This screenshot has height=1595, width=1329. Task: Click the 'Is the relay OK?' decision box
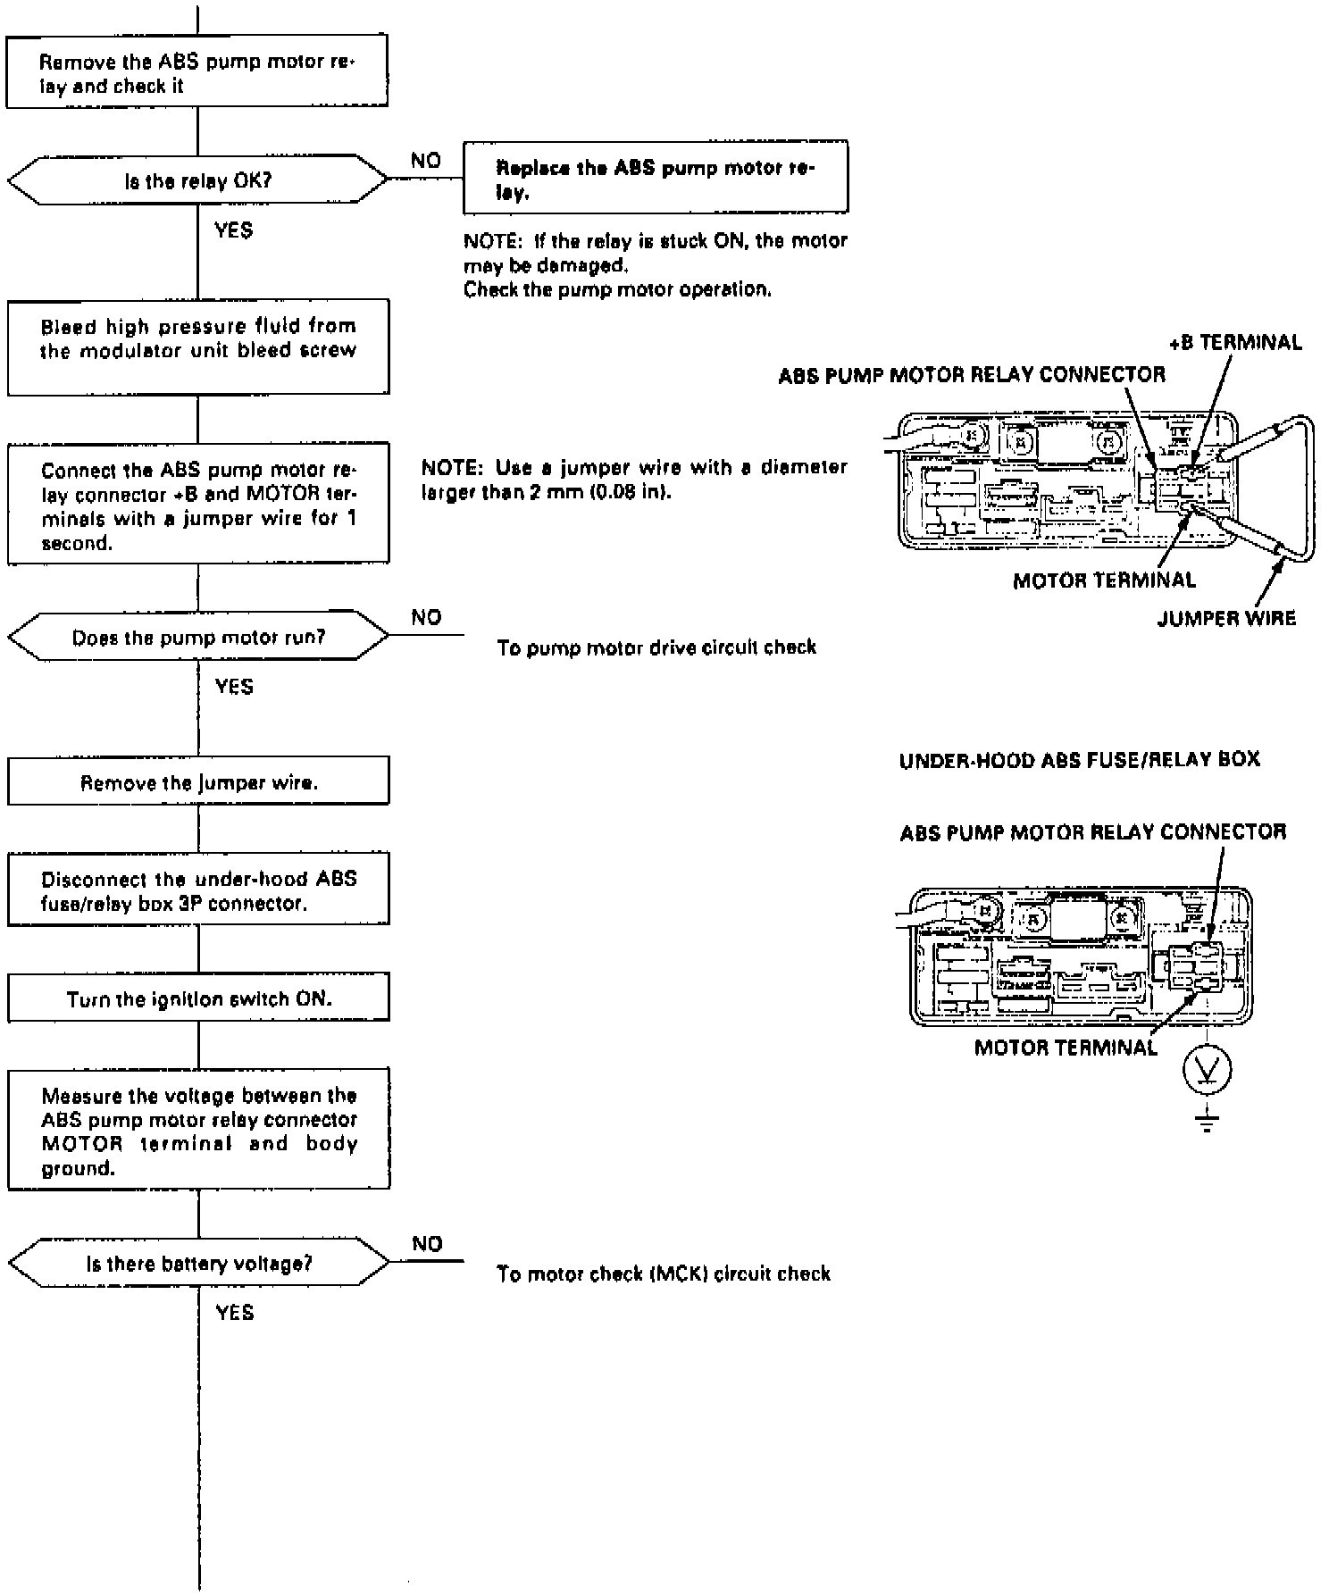[x=198, y=180]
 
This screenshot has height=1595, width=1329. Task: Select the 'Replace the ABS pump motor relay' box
[x=656, y=176]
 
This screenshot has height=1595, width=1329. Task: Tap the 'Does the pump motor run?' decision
[x=198, y=636]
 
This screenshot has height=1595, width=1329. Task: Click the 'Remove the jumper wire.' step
[x=198, y=781]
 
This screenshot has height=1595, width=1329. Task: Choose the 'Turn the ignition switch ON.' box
[x=198, y=997]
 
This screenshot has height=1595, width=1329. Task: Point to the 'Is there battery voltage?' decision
[x=198, y=1262]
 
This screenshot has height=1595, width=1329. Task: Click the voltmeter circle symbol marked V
[x=1207, y=1068]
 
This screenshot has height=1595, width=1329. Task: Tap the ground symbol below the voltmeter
[x=1207, y=1123]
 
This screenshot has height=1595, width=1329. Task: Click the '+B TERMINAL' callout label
[x=1235, y=342]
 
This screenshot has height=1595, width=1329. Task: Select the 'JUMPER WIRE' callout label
[x=1226, y=618]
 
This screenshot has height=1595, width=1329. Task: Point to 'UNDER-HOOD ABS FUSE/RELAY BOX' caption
[x=1079, y=760]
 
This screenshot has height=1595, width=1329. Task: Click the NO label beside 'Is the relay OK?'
[x=426, y=161]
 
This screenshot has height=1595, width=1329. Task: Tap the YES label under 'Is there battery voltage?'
[x=234, y=1312]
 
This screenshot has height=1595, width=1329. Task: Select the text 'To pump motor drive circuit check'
[x=656, y=647]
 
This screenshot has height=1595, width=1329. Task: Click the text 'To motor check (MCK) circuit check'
[x=664, y=1273]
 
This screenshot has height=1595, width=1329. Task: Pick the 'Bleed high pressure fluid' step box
[x=198, y=347]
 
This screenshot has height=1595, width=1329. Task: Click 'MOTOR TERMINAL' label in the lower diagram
[x=1066, y=1048]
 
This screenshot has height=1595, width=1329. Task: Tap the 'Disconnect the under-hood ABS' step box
[x=198, y=889]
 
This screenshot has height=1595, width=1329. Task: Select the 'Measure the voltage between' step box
[x=198, y=1129]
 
